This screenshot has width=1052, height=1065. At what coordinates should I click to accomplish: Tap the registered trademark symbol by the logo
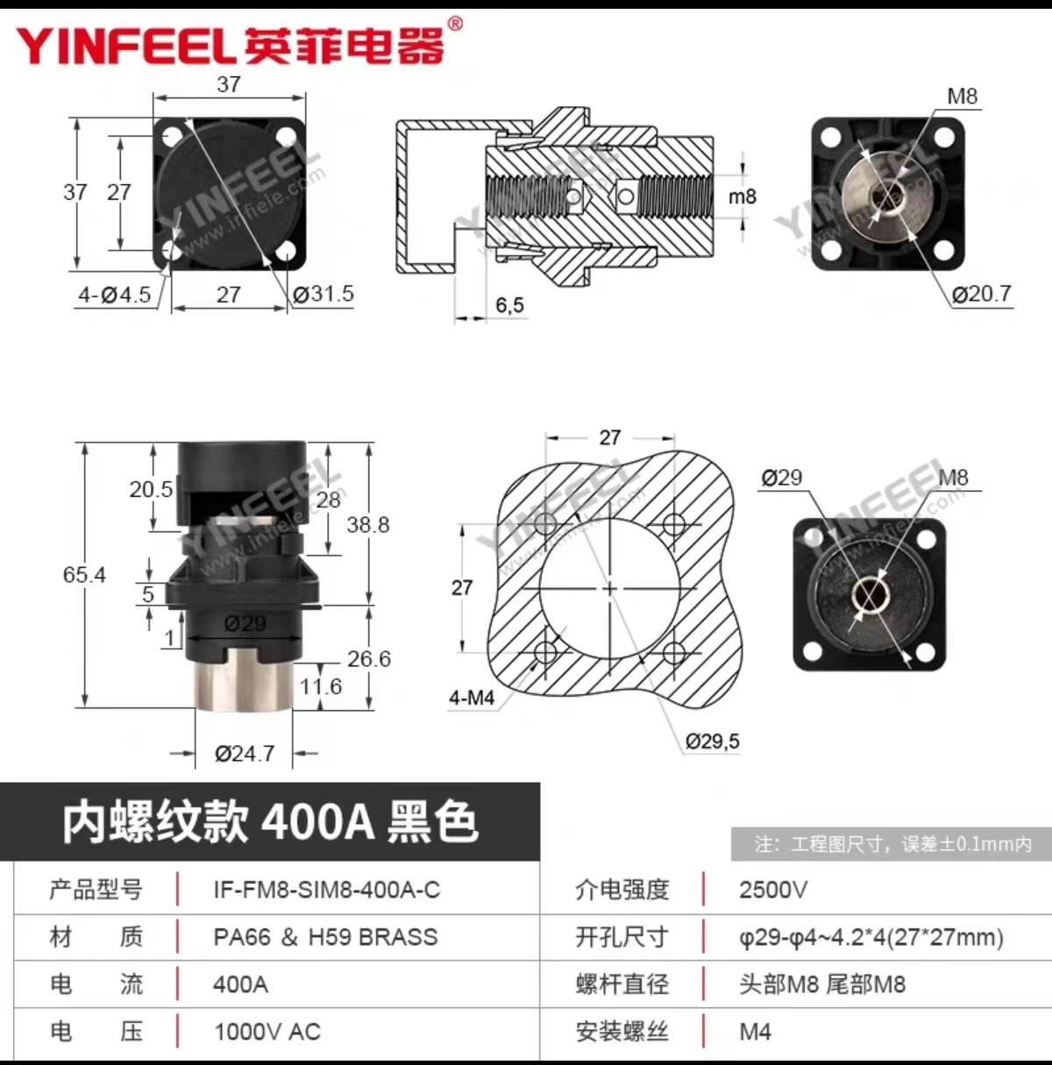click(454, 24)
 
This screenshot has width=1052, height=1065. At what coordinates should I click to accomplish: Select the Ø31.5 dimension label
click(323, 295)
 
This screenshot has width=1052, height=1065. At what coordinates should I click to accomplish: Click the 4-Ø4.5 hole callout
click(114, 295)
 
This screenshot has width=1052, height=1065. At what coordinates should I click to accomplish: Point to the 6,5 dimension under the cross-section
click(509, 305)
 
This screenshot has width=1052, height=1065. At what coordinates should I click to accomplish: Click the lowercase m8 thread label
click(742, 196)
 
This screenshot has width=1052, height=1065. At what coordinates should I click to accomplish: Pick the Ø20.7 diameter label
click(982, 295)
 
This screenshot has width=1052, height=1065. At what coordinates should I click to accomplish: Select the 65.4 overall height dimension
click(84, 575)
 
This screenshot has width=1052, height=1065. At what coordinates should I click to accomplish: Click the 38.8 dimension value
click(367, 525)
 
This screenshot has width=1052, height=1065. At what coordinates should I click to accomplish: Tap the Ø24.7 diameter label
click(245, 754)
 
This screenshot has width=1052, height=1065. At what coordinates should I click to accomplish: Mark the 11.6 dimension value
click(320, 686)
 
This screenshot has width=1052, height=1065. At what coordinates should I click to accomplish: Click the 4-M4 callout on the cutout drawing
click(472, 699)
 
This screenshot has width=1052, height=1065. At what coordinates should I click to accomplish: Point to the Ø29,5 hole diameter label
click(712, 742)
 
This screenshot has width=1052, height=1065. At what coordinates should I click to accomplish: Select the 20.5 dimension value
click(151, 490)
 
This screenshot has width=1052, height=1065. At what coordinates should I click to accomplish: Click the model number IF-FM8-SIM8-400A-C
click(326, 890)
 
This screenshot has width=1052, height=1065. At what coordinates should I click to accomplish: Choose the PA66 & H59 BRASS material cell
click(325, 937)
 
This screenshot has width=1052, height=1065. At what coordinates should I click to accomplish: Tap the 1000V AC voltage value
click(267, 1032)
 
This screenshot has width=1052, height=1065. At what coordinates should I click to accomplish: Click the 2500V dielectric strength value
click(772, 890)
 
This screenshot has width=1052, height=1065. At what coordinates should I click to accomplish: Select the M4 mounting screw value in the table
click(755, 1032)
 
